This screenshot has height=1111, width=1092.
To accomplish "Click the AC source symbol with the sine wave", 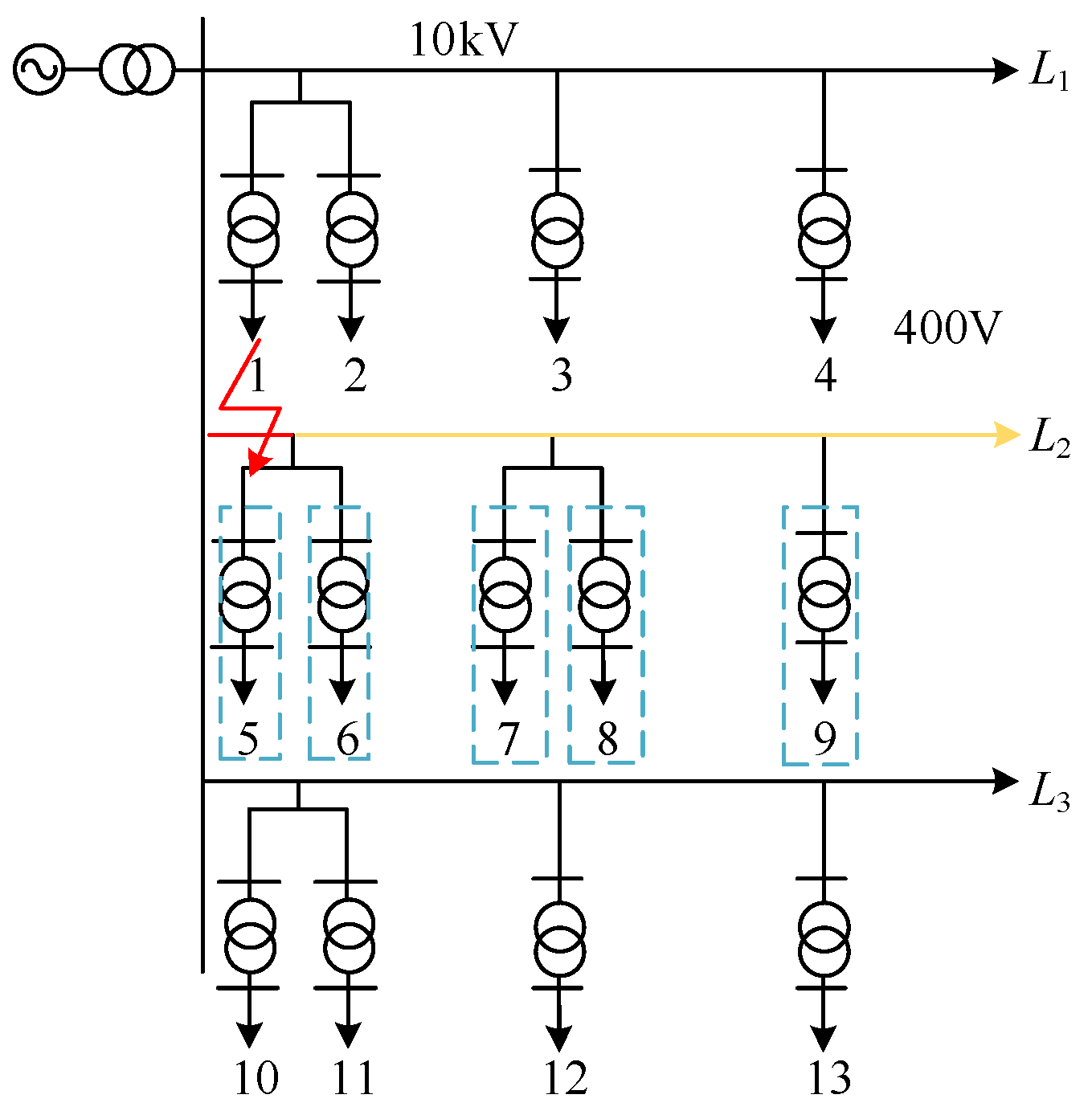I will (38, 70).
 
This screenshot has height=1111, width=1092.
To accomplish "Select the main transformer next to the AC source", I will (137, 70).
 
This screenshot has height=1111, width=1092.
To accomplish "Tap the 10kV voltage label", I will (464, 40).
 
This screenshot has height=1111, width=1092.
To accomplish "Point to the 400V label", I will (947, 328).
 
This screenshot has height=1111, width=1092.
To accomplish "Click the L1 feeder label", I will (1049, 72).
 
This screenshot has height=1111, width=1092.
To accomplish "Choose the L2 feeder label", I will (1049, 439).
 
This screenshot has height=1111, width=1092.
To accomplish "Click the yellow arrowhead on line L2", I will (1006, 435).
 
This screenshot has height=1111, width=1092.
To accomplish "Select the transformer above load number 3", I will (557, 230).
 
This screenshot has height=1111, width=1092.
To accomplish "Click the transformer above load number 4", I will (824, 230).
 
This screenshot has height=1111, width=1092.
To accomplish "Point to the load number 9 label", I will (824, 738).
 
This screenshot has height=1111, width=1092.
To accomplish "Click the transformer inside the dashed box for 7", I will (505, 594).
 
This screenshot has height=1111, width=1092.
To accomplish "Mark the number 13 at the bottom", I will (828, 1078).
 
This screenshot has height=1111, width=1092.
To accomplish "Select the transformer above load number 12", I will (559, 938).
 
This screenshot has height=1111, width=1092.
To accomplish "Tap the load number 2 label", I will (354, 375).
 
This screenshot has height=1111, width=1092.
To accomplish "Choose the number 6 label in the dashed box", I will (347, 738).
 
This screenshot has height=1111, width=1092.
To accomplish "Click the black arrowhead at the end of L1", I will (1004, 71).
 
